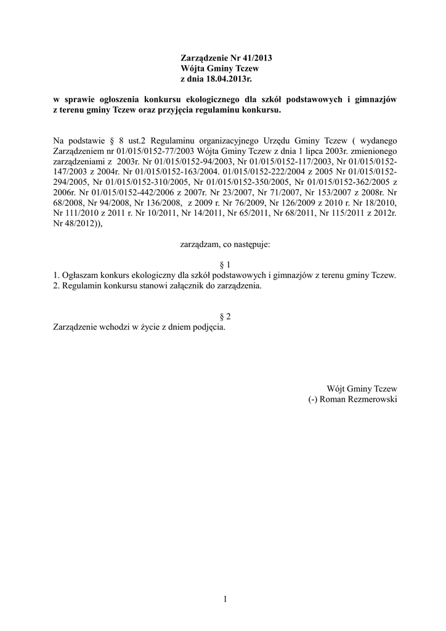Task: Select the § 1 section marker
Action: pyautogui.click(x=225, y=264)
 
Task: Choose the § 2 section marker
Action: pyautogui.click(x=225, y=317)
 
